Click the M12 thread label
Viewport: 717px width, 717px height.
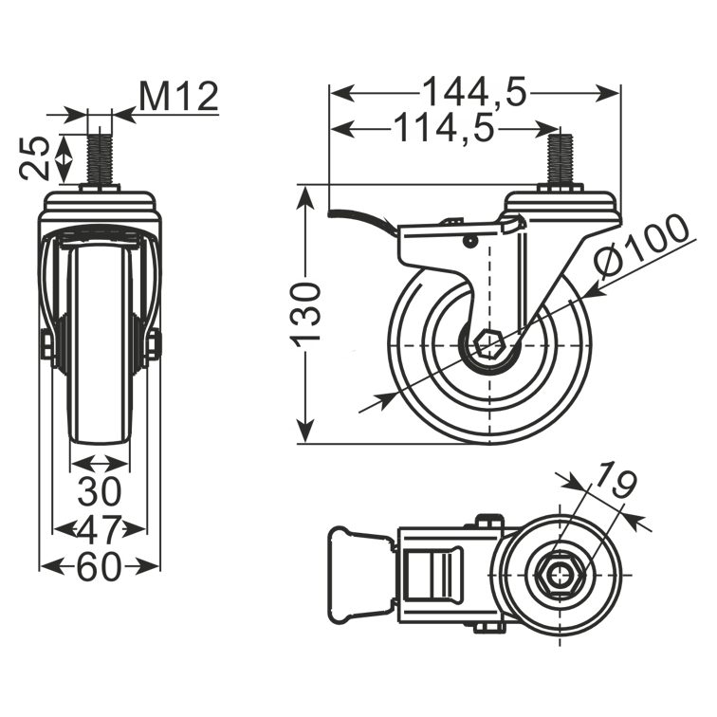[178, 97]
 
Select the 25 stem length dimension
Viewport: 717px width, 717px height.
[35, 157]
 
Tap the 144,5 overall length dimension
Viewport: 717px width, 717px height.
[474, 92]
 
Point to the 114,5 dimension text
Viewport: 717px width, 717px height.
[444, 128]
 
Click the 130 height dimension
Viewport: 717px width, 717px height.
[305, 315]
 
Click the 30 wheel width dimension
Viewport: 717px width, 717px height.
[100, 491]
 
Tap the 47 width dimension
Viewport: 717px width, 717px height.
[100, 529]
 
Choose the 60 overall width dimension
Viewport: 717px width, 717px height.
[100, 567]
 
